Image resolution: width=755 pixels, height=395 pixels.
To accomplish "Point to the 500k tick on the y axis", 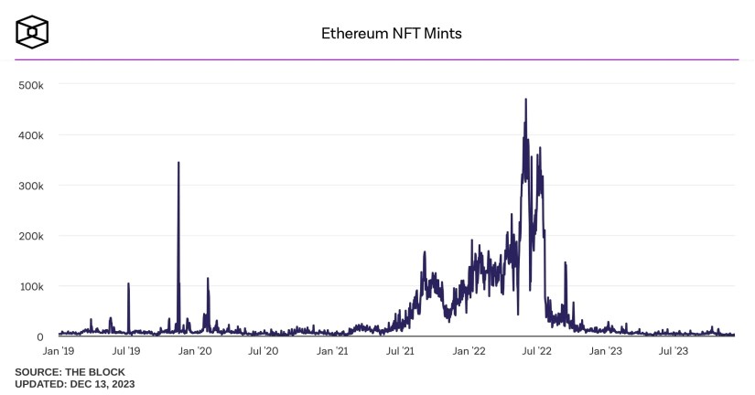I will (x=32, y=84).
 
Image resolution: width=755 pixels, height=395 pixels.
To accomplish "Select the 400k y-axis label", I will (x=32, y=134).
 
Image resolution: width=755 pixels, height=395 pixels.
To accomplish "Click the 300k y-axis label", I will (x=32, y=186).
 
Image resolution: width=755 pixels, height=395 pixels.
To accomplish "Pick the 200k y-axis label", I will (x=32, y=236).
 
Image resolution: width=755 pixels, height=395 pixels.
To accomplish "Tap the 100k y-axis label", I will (x=32, y=286).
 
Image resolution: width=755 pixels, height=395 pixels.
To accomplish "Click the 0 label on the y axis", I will (x=39, y=337).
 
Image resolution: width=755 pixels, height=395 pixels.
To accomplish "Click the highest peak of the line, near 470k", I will (x=525, y=99).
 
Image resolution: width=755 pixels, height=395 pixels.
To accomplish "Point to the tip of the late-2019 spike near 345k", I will (x=178, y=163).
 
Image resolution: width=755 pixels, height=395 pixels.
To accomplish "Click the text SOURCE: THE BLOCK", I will (x=70, y=372).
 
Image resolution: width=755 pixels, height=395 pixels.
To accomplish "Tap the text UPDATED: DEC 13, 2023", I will (x=75, y=384).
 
